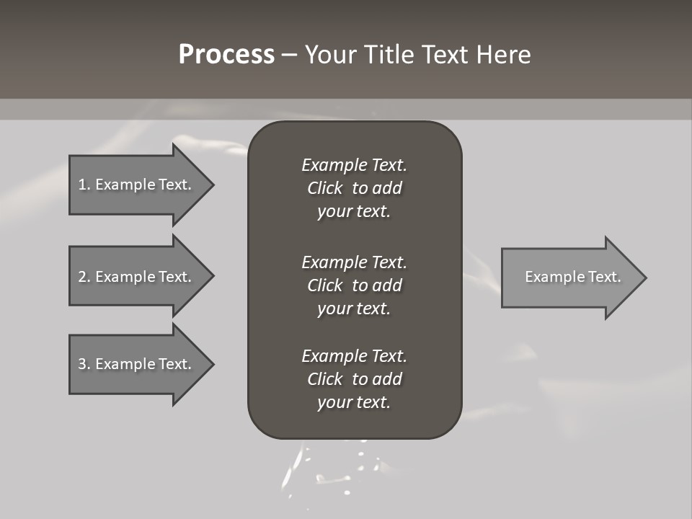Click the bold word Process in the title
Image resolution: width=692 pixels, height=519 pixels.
tap(226, 55)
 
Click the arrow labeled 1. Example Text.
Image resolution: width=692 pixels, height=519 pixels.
tap(137, 185)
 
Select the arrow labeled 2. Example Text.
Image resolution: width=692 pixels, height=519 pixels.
tap(137, 277)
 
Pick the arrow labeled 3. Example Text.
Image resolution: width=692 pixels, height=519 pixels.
tap(137, 364)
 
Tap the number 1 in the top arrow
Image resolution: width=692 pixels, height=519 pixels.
tap(82, 185)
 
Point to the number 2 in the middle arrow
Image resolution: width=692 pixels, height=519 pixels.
tap(82, 277)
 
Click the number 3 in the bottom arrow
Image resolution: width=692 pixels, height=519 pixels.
tap(82, 364)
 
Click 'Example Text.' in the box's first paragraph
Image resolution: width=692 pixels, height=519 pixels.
tap(354, 165)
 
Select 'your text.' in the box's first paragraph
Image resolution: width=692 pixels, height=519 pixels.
tap(354, 211)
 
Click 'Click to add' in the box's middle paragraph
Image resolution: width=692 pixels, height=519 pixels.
tap(354, 285)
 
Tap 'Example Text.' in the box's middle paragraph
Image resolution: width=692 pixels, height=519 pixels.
tap(354, 262)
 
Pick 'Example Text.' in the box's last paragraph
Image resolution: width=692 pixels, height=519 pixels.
tap(354, 356)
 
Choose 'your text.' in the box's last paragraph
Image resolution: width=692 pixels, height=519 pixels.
tap(354, 402)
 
